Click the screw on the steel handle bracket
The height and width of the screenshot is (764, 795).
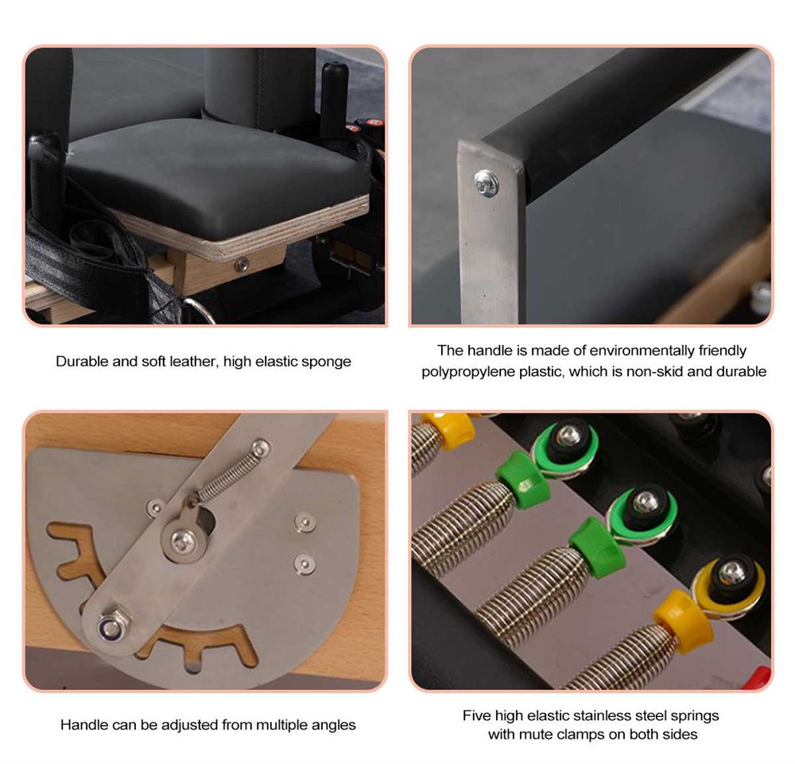(487, 183)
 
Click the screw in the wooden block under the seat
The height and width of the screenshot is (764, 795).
(242, 264)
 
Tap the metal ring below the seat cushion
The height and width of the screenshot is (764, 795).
(200, 309)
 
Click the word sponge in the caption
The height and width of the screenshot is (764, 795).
(326, 362)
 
